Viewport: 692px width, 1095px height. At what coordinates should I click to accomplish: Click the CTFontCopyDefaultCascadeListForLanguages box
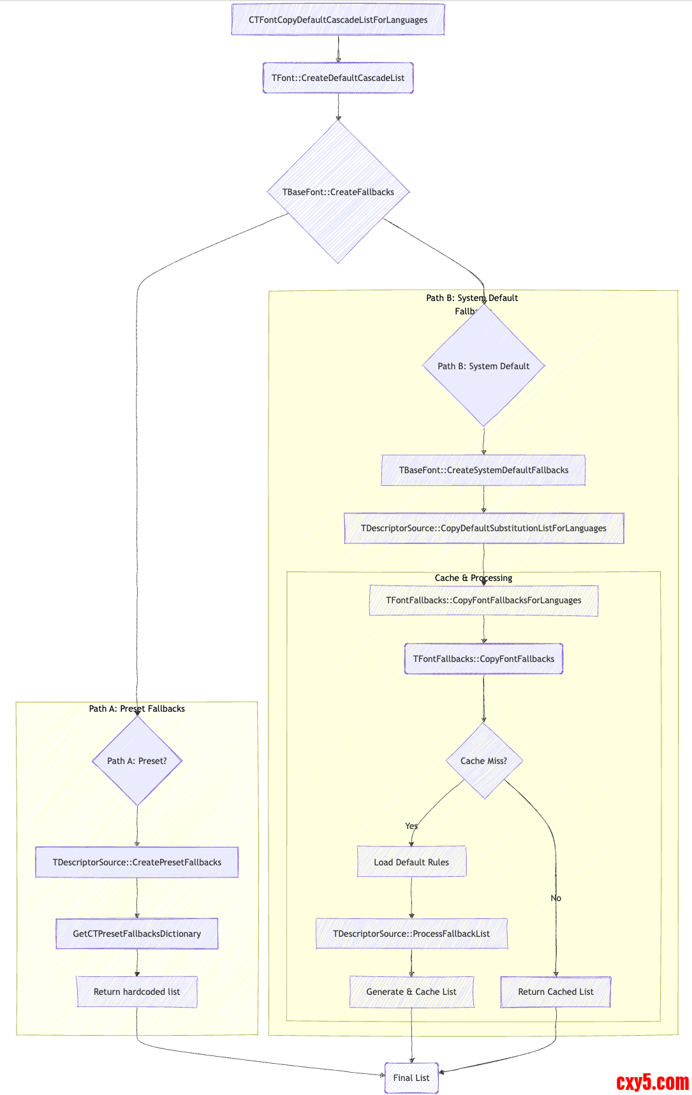(x=338, y=20)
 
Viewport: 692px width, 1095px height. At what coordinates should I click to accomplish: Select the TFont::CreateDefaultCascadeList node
(x=338, y=78)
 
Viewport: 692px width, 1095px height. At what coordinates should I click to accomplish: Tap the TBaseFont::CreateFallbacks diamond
(x=338, y=192)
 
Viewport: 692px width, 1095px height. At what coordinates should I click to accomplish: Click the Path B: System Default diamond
(x=483, y=366)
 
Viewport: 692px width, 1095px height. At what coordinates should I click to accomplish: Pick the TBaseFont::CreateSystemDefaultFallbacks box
(x=483, y=470)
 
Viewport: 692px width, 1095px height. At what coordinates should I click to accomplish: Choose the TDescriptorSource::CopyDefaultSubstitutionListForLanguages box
(x=483, y=528)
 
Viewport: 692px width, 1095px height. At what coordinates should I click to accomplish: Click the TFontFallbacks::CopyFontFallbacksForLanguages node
(x=483, y=600)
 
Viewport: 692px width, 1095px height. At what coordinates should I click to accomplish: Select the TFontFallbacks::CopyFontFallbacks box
(x=483, y=659)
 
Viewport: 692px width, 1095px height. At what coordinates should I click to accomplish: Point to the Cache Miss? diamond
(x=483, y=761)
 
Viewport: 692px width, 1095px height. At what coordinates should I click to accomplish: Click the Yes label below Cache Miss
(x=411, y=826)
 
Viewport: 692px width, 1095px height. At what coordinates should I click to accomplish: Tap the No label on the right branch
(x=556, y=898)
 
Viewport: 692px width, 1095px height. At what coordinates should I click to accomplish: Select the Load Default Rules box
(x=411, y=862)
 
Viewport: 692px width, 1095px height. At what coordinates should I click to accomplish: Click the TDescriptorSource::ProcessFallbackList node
(x=411, y=934)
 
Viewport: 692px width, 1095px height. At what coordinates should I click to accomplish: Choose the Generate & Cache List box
(x=411, y=992)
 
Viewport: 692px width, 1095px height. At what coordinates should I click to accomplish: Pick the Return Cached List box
(x=556, y=992)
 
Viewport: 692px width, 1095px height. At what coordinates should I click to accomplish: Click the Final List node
(x=411, y=1078)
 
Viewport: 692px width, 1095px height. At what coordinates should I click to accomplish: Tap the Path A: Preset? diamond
(x=137, y=761)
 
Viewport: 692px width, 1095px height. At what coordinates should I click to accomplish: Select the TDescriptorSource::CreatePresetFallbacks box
(x=137, y=862)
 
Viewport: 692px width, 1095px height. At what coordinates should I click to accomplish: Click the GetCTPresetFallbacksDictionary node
(x=137, y=934)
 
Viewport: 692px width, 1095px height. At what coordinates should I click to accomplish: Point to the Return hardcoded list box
(x=137, y=992)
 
